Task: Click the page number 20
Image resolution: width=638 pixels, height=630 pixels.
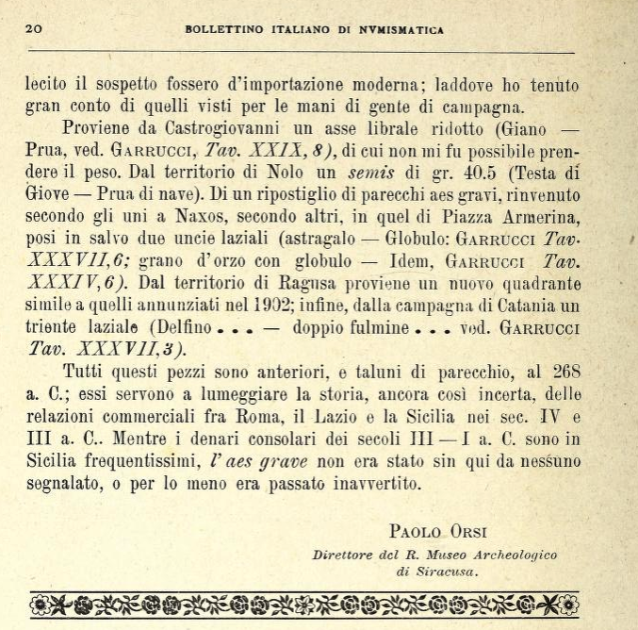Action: coord(34,28)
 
